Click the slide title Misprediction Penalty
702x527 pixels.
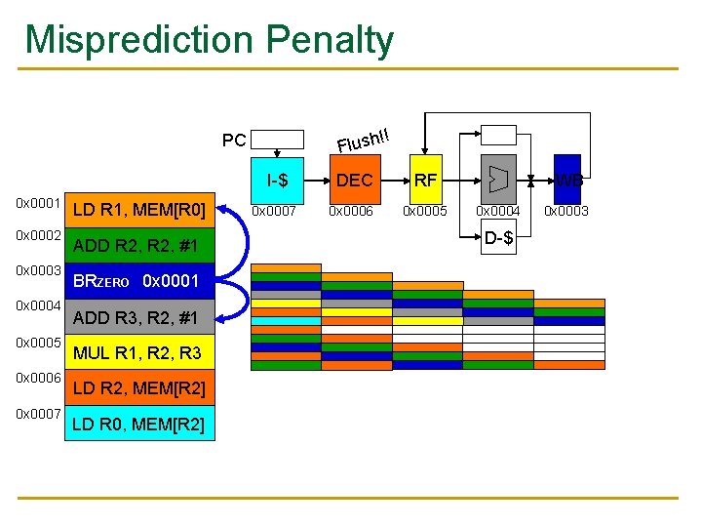210,39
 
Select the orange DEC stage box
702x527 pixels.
354,180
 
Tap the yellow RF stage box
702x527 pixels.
425,180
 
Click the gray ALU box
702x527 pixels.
498,180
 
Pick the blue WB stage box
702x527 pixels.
567,180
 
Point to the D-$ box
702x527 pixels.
498,237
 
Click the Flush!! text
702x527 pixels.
364,141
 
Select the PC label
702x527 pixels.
234,141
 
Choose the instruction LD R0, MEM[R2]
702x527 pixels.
138,425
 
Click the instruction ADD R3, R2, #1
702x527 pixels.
136,317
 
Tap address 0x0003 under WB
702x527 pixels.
566,211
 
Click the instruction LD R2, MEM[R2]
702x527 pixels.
138,389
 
